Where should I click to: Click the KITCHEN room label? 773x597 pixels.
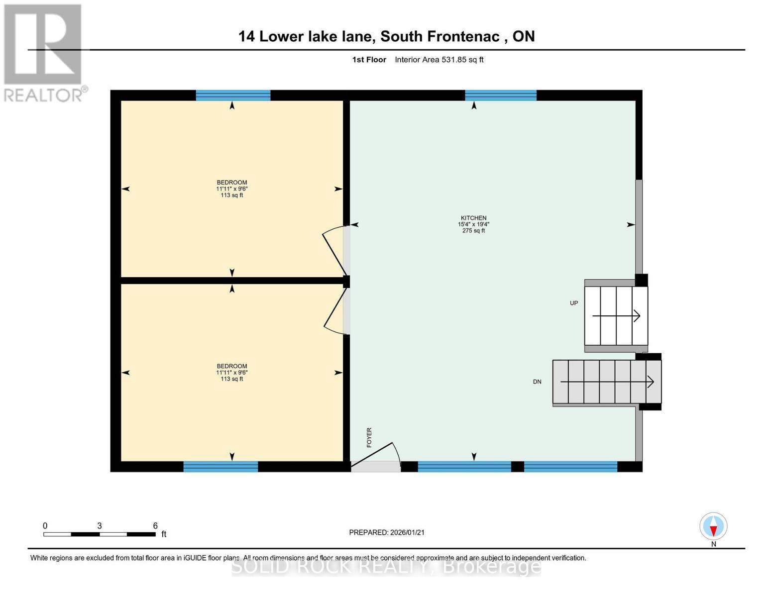[473, 218]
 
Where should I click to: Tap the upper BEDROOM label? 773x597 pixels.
[231, 183]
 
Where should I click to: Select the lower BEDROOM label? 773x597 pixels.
[231, 366]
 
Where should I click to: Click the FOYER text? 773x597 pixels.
[369, 437]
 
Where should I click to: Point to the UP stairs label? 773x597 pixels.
[574, 303]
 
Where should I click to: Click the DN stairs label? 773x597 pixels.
[537, 382]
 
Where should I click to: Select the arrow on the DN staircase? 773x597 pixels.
[607, 382]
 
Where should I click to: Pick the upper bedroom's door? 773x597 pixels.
[334, 251]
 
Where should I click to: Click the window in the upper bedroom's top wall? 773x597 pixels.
[233, 95]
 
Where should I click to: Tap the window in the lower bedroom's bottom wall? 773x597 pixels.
[221, 466]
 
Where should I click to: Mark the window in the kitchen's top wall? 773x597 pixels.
[501, 95]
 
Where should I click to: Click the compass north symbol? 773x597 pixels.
[713, 526]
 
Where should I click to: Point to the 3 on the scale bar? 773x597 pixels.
[100, 526]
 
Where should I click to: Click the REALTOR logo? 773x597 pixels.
[44, 52]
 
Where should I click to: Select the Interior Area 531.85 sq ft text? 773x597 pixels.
[439, 60]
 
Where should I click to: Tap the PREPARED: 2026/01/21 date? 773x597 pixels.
[387, 532]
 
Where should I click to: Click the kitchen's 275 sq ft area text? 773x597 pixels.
[473, 231]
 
